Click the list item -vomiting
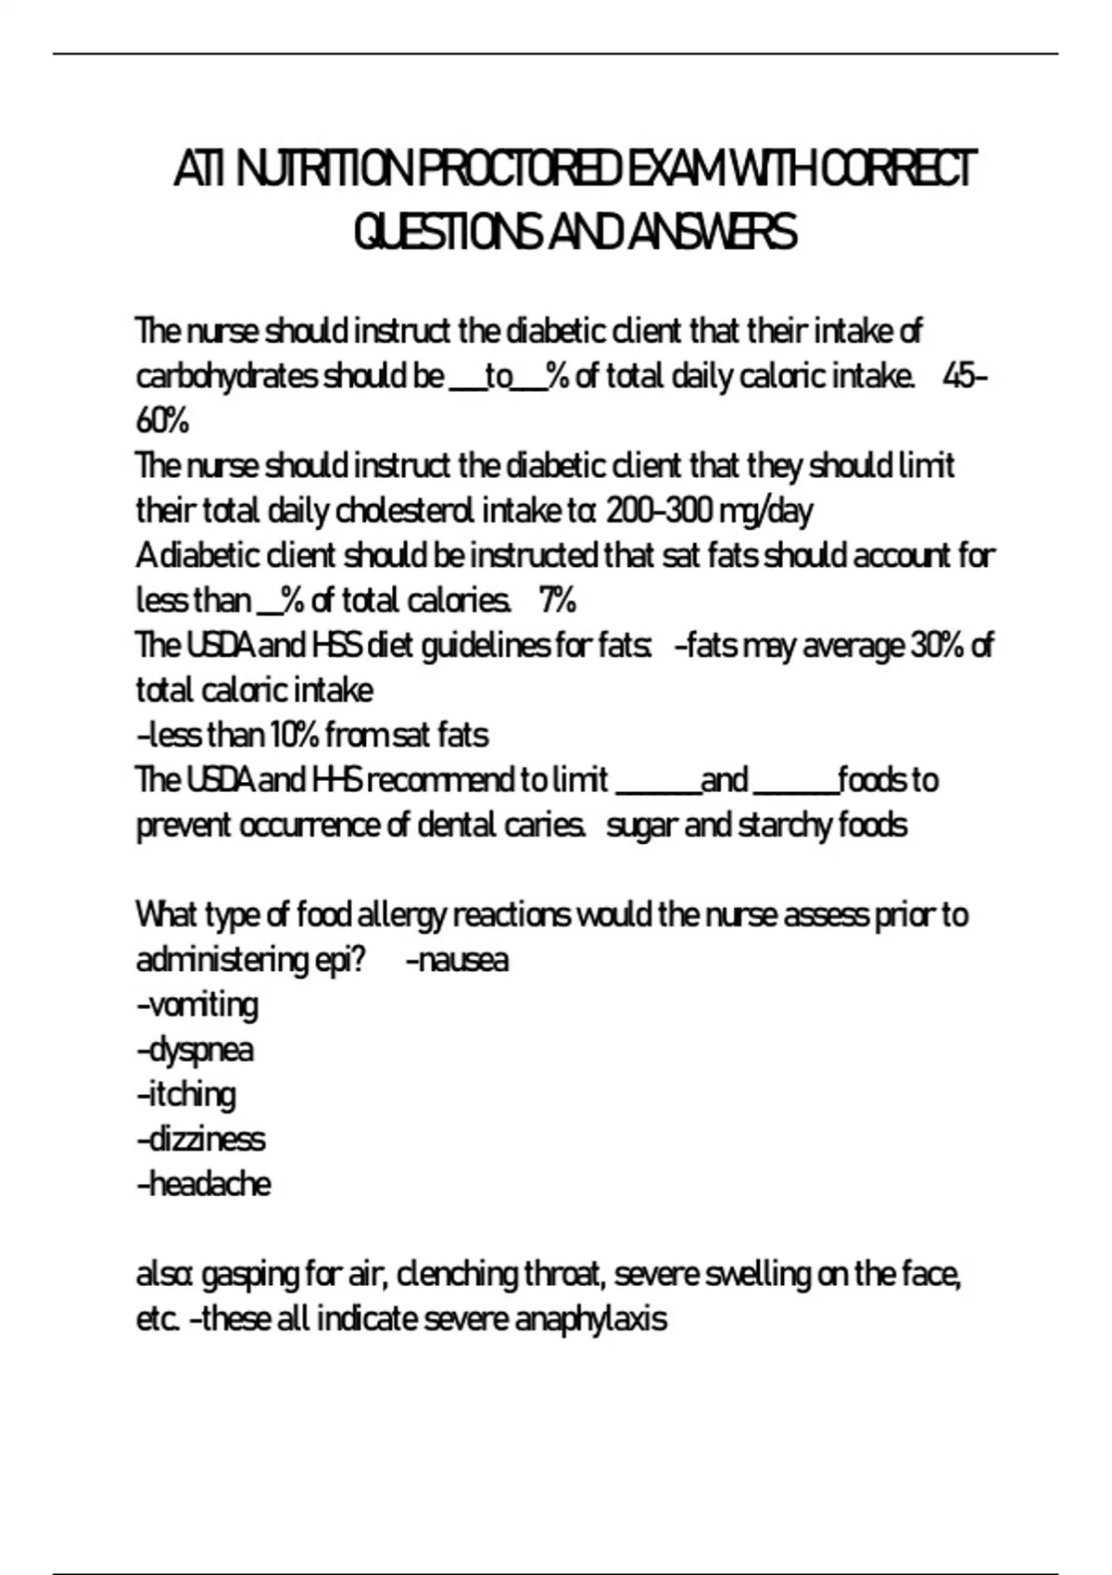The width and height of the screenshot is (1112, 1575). click(197, 1004)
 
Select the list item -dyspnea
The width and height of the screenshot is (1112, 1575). click(195, 1050)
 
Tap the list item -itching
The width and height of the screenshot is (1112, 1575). click(186, 1094)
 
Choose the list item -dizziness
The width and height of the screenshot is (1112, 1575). click(200, 1139)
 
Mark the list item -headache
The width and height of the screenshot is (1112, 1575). click(204, 1184)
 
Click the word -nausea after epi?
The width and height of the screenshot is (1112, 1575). click(458, 959)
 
